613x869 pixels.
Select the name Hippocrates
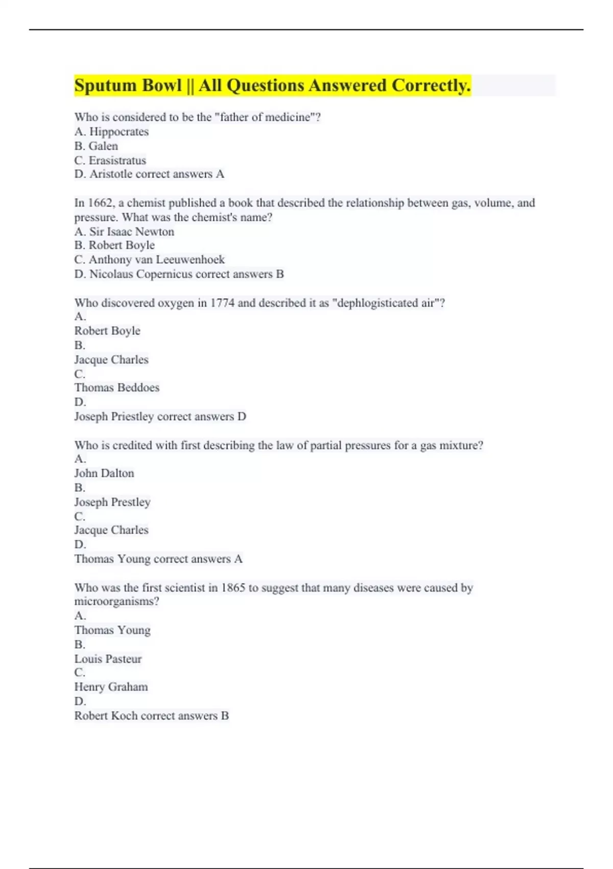119,132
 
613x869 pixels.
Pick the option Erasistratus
117,161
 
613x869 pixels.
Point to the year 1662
100,203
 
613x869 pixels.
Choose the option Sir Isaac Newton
132,232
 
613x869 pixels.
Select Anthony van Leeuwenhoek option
157,260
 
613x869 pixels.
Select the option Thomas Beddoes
117,387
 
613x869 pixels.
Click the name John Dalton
104,473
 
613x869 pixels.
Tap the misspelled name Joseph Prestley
112,502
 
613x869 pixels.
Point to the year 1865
233,588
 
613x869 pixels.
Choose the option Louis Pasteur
108,659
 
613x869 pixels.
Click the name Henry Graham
111,687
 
